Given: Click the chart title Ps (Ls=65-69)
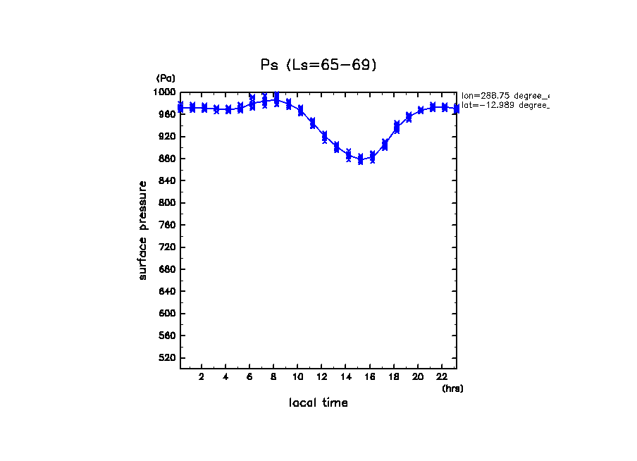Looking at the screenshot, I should pyautogui.click(x=318, y=65).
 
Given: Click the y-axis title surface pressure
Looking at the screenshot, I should pyautogui.click(x=143, y=230).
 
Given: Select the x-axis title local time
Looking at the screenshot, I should pyautogui.click(x=318, y=402).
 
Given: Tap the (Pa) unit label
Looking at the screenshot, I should pyautogui.click(x=166, y=78).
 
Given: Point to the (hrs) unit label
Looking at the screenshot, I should pyautogui.click(x=452, y=388).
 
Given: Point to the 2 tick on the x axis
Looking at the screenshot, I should pyautogui.click(x=202, y=377).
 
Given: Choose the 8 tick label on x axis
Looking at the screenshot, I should pyautogui.click(x=273, y=377).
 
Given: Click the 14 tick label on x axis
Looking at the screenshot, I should pyautogui.click(x=345, y=377).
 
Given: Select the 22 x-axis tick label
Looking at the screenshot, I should pyautogui.click(x=442, y=377).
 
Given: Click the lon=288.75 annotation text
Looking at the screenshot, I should pyautogui.click(x=505, y=95).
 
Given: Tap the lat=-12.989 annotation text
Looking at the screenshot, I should pyautogui.click(x=505, y=105).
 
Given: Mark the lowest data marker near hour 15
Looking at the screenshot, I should pyautogui.click(x=361, y=159).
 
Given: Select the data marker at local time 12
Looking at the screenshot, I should pyautogui.click(x=324, y=136).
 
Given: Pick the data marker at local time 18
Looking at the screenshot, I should pyautogui.click(x=397, y=128).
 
